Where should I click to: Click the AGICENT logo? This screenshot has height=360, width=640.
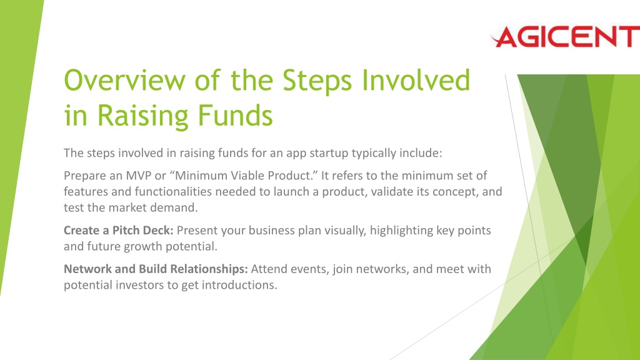(565, 37)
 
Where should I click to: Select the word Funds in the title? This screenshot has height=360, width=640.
(235, 116)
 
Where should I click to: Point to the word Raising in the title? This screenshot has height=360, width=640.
(142, 116)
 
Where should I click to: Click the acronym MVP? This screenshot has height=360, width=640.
(138, 176)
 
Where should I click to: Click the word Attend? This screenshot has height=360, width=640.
(269, 269)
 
